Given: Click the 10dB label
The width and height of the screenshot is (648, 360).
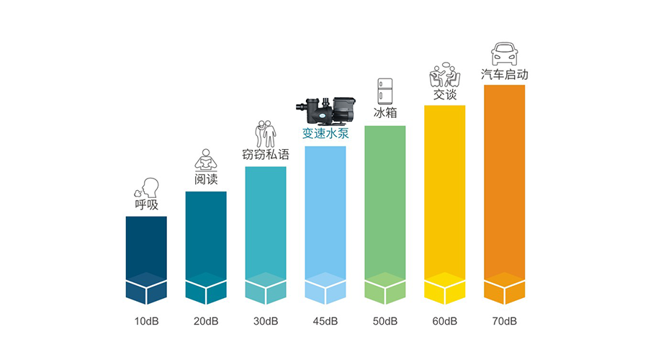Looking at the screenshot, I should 146,321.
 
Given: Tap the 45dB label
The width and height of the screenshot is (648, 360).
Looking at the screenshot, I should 325,321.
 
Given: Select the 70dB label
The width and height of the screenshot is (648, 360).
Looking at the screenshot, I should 504,321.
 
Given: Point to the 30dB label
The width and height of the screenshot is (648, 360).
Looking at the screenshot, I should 266,321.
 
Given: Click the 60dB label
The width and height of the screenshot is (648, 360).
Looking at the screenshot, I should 444,321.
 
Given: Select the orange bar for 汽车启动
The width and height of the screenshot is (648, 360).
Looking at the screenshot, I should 504,187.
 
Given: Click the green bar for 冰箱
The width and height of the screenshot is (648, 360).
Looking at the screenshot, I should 385,209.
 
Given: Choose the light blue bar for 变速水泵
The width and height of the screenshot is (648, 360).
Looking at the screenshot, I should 325,216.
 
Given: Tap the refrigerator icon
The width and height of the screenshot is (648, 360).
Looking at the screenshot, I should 385,92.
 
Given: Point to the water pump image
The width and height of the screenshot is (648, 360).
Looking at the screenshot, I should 325,109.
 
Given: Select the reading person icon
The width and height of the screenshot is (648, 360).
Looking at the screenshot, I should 206,159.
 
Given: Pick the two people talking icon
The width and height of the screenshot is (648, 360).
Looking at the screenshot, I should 444,75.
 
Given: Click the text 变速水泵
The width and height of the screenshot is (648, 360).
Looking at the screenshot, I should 325,134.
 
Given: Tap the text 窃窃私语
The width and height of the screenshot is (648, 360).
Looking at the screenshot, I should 266,154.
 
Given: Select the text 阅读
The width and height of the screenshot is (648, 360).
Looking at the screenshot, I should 206,179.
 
